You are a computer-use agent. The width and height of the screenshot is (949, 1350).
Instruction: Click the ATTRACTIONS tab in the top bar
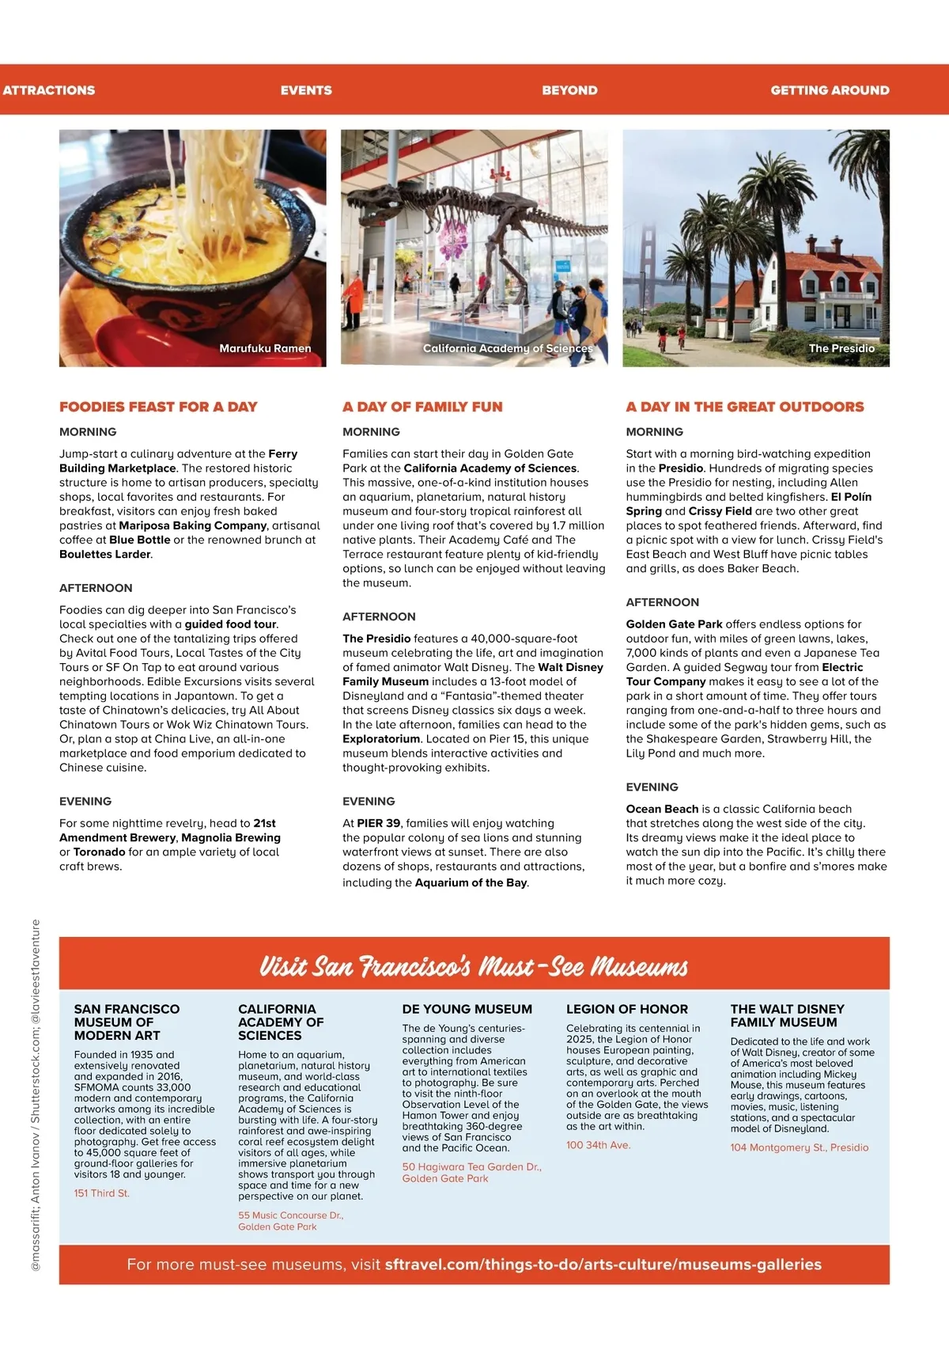pyautogui.click(x=49, y=90)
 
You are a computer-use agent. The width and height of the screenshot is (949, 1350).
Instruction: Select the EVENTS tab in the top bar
pyautogui.click(x=306, y=90)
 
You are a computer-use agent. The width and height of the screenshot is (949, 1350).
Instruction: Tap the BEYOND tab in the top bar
pyautogui.click(x=569, y=90)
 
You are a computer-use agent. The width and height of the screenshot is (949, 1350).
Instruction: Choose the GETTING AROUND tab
pyautogui.click(x=830, y=90)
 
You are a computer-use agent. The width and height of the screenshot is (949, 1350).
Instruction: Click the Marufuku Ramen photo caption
pyautogui.click(x=265, y=348)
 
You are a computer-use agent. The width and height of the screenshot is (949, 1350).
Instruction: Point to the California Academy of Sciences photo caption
pyautogui.click(x=507, y=348)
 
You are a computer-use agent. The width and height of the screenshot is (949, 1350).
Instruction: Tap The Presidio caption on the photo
pyautogui.click(x=841, y=348)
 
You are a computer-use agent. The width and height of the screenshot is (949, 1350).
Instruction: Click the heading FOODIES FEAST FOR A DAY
pyautogui.click(x=158, y=407)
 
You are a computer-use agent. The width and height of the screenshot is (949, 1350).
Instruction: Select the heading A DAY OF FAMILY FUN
pyautogui.click(x=422, y=407)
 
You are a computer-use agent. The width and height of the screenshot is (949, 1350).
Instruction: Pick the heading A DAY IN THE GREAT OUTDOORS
pyautogui.click(x=745, y=407)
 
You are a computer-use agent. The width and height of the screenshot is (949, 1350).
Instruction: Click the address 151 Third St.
pyautogui.click(x=101, y=1193)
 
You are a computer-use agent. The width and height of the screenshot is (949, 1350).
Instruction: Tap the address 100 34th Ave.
pyautogui.click(x=598, y=1145)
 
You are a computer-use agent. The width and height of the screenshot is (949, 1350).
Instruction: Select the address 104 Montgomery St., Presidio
pyautogui.click(x=799, y=1147)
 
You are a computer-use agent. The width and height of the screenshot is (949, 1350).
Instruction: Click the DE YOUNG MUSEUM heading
pyautogui.click(x=467, y=1009)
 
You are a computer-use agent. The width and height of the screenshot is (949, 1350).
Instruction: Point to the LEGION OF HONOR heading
pyautogui.click(x=627, y=1009)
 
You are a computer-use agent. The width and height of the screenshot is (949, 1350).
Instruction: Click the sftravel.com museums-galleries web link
pyautogui.click(x=603, y=1265)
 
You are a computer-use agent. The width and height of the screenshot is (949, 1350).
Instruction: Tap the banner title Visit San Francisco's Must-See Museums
pyautogui.click(x=474, y=966)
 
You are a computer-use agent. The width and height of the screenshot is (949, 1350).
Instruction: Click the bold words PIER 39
pyautogui.click(x=379, y=823)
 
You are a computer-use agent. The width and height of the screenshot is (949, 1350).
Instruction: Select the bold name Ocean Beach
pyautogui.click(x=662, y=809)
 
